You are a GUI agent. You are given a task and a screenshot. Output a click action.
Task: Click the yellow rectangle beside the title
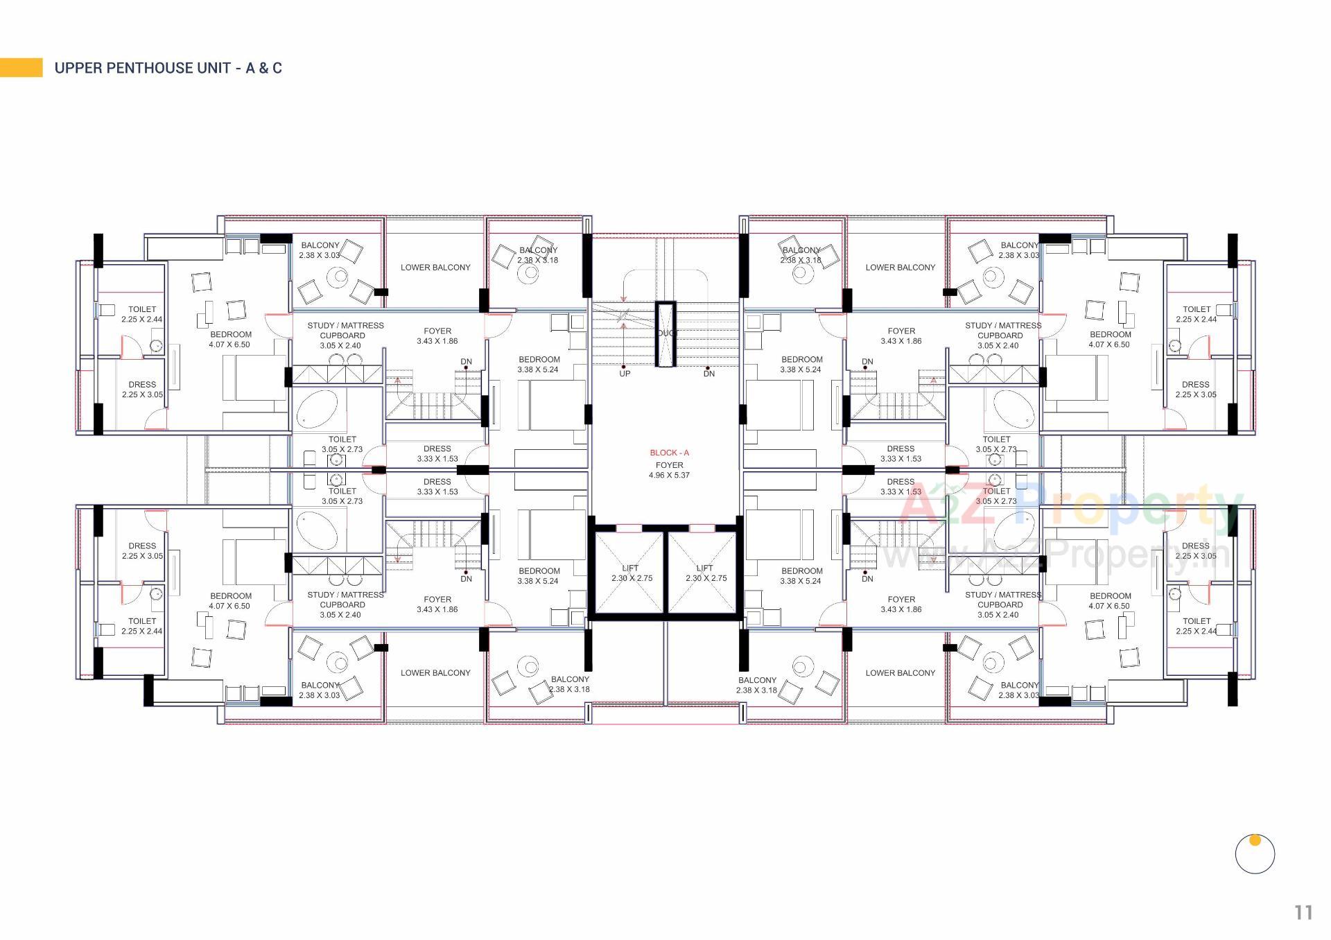click(x=21, y=67)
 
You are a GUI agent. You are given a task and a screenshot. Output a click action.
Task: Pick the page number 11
click(x=1303, y=913)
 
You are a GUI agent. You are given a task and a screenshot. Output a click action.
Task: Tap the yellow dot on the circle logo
click(x=1255, y=840)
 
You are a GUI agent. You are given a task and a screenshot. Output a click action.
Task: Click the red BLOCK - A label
click(x=669, y=453)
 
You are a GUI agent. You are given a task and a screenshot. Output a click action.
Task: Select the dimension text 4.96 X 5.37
click(x=669, y=476)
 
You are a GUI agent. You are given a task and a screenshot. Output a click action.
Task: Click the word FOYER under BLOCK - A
click(x=669, y=465)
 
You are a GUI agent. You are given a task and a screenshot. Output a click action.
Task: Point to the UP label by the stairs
click(x=625, y=374)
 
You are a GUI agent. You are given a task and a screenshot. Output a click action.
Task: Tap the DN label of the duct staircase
click(x=708, y=374)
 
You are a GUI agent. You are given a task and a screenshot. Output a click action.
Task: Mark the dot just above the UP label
click(x=623, y=367)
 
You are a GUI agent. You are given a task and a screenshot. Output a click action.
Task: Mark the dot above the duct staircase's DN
click(x=707, y=367)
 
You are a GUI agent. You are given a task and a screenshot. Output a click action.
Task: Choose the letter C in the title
click(x=277, y=68)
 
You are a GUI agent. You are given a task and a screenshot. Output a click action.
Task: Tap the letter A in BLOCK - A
click(x=686, y=453)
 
